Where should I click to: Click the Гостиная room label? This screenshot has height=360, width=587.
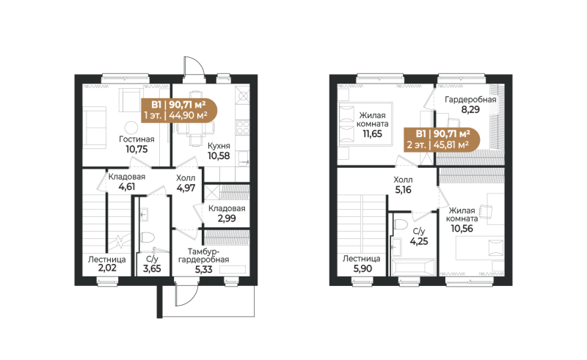point(136,138)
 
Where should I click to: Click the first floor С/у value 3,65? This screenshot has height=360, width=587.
point(153,269)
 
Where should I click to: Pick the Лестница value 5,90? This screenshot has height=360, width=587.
point(361,269)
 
